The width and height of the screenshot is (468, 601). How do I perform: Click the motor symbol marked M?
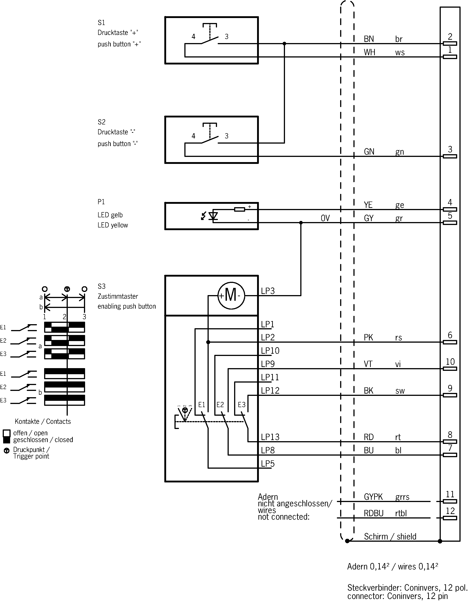pos(231,296)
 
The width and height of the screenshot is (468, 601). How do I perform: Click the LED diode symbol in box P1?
pos(213,216)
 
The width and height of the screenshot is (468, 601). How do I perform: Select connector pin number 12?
pos(450,511)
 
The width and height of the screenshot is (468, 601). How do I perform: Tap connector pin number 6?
pos(450,335)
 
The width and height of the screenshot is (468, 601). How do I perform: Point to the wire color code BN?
pos(369,39)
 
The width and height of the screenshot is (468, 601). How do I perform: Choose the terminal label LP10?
pos(270,351)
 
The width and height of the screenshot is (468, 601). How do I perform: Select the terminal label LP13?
pos(270,437)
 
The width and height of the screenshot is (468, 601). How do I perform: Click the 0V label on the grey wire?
pos(325,218)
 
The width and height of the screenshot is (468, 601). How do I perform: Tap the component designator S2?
pos(101,122)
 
